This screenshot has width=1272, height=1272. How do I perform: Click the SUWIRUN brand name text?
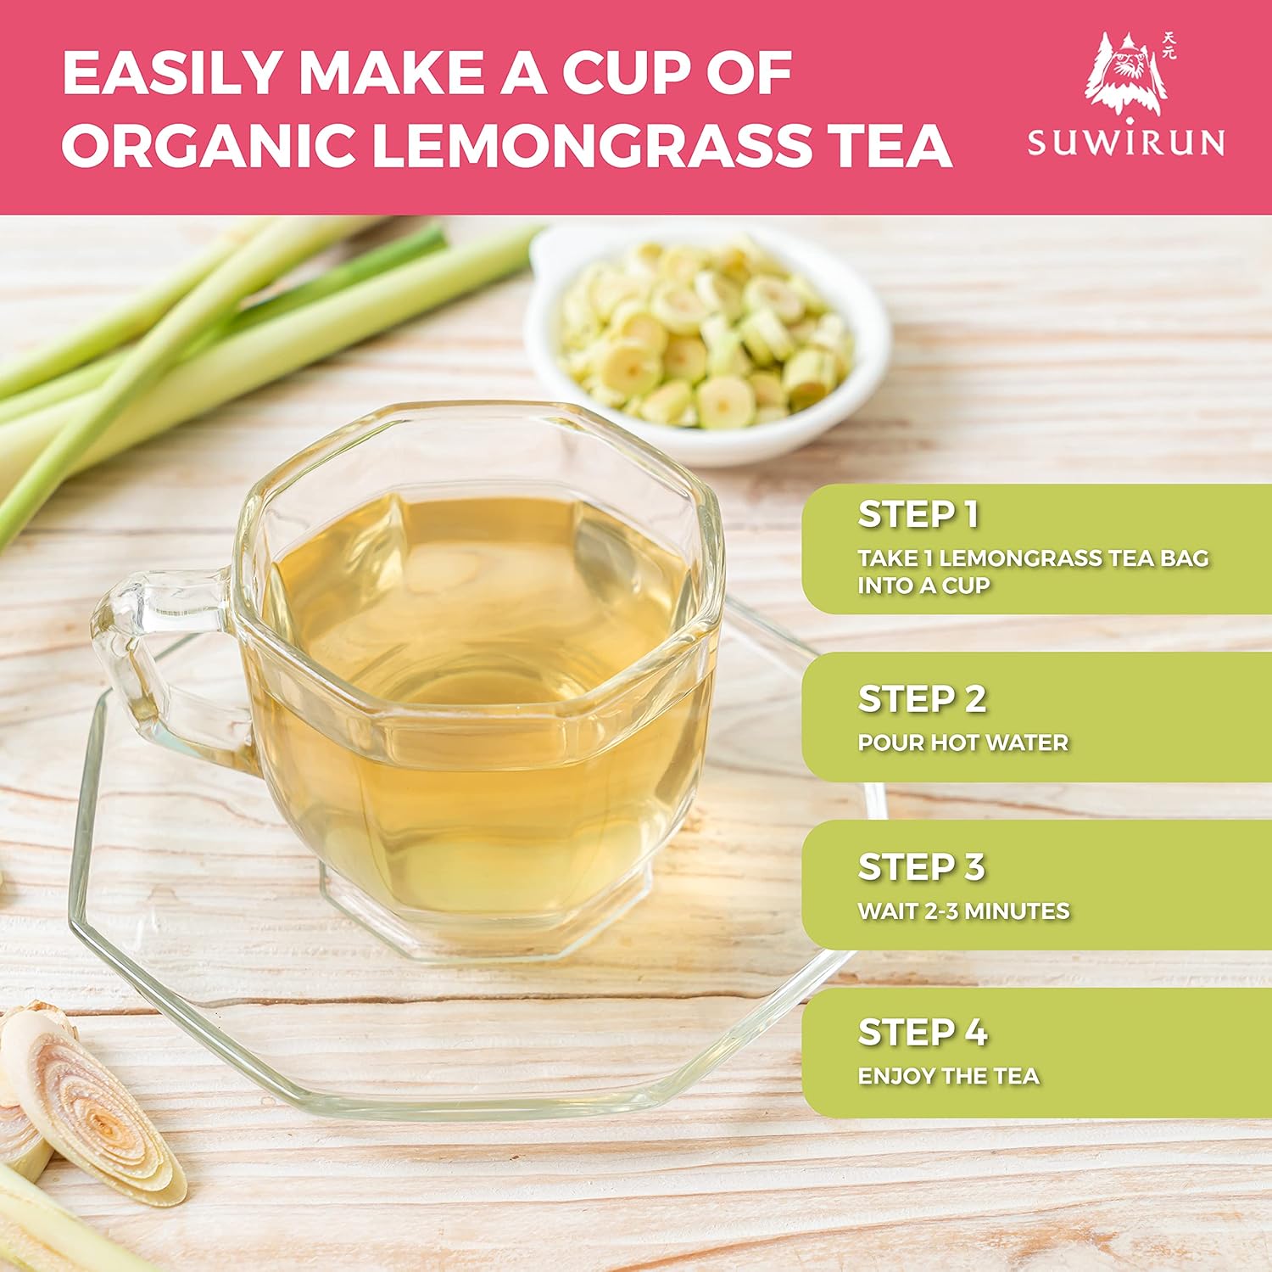pos(1127,141)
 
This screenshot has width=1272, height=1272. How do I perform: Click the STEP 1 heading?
pos(918,514)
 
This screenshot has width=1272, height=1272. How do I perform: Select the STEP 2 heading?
pos(923,699)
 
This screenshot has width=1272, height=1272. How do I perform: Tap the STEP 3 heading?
pos(922,867)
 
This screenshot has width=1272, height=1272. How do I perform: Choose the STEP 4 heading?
pos(923,1033)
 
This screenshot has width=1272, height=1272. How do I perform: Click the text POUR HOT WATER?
pos(962,743)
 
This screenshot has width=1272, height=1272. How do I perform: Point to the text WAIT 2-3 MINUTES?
pos(963,911)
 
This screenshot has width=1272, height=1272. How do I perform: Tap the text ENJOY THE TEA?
pos(948,1077)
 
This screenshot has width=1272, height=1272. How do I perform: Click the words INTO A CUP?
pos(923,586)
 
